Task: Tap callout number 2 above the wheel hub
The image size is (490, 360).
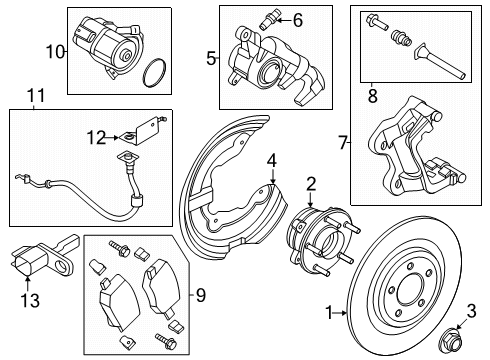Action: pyautogui.click(x=311, y=182)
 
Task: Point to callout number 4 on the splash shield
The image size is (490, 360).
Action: pyautogui.click(x=271, y=160)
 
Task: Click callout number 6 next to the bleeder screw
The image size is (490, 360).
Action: pyautogui.click(x=297, y=19)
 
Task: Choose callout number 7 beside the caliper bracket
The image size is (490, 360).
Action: pyautogui.click(x=344, y=143)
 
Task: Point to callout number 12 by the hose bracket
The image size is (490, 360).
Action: pyautogui.click(x=97, y=137)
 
